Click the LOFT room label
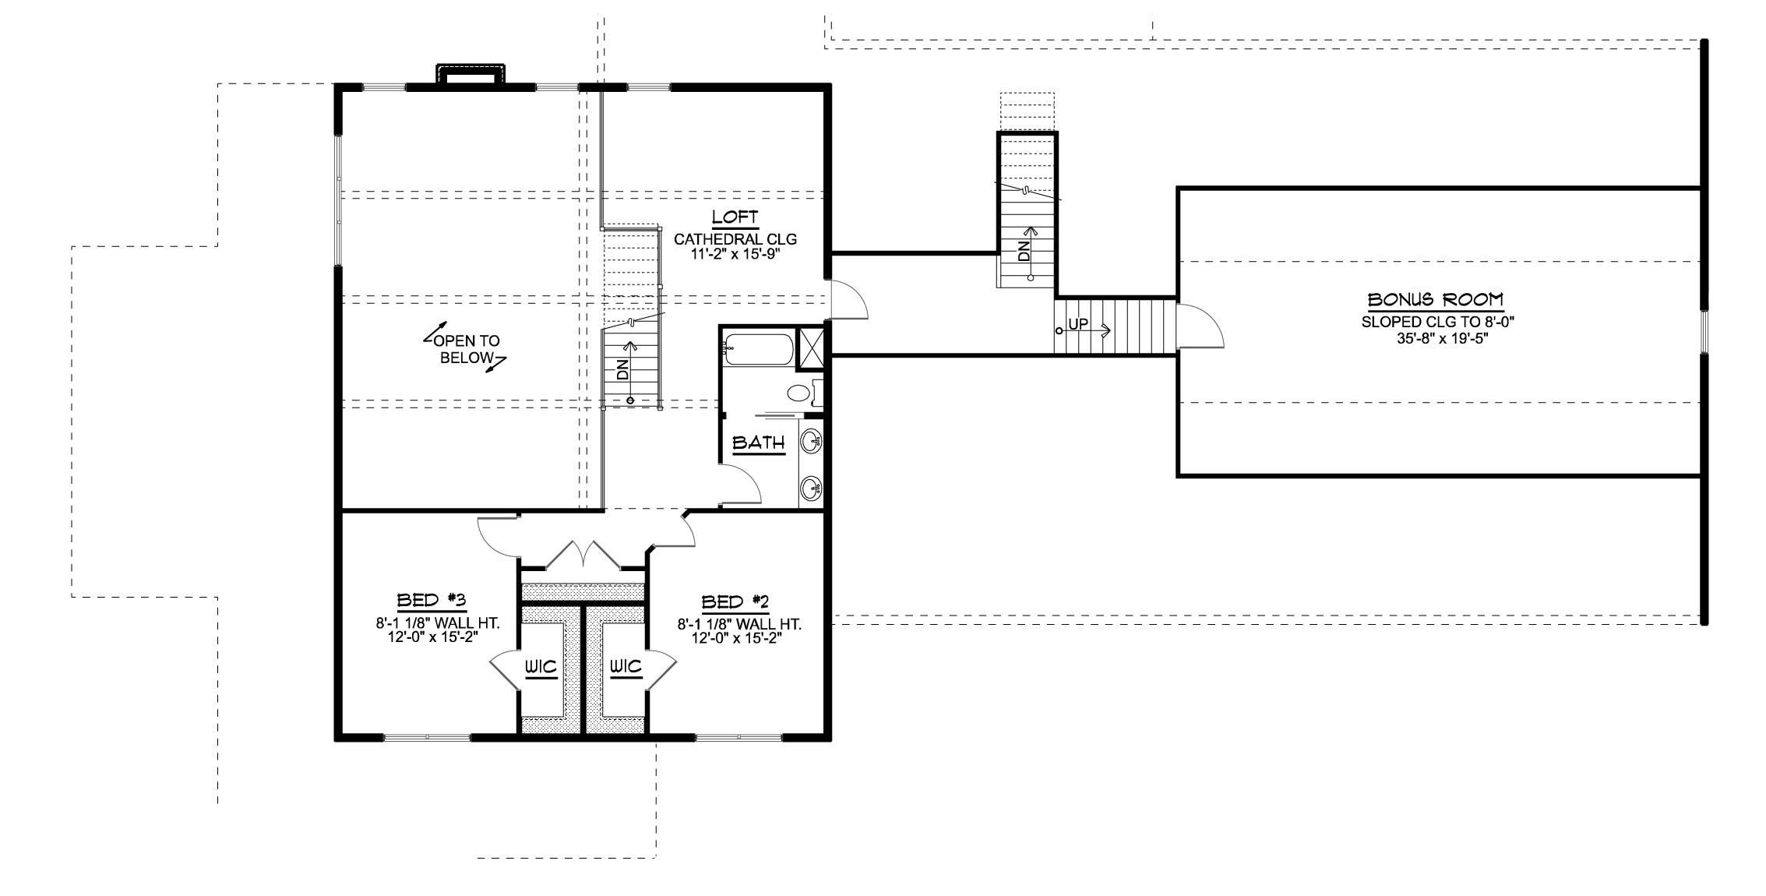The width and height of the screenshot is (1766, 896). click(735, 217)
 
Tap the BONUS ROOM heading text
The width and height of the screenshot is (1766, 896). click(1436, 300)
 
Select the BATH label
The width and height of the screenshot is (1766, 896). click(759, 443)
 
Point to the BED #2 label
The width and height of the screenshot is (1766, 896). click(735, 601)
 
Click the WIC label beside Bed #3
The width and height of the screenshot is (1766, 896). click(540, 667)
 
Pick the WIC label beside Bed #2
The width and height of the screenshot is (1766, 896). click(625, 667)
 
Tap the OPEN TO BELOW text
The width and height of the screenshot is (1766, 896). click(466, 350)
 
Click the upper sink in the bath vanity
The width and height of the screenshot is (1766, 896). click(811, 441)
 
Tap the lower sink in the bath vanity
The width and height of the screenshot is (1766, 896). click(811, 489)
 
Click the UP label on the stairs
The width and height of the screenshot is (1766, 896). click(1078, 325)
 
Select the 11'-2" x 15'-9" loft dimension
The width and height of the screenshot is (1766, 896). click(735, 253)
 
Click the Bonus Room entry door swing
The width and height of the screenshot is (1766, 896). click(1200, 327)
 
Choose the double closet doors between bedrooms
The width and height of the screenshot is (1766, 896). click(583, 555)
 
